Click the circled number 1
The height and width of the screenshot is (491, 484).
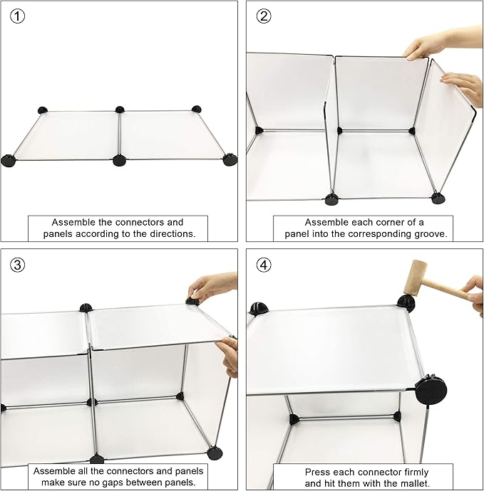click(17, 16)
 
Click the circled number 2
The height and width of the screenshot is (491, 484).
click(264, 16)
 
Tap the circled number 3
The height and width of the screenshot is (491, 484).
click(17, 265)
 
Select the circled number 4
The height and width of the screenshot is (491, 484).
click(264, 265)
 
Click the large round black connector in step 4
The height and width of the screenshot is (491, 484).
click(431, 390)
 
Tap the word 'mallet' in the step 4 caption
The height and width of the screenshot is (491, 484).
click(413, 483)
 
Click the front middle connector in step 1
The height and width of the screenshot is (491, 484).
click(119, 160)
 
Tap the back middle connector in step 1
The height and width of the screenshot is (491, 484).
click(120, 110)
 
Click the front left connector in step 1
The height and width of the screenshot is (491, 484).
click(8, 161)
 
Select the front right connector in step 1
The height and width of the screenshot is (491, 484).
click(230, 159)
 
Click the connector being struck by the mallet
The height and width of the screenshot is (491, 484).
click(406, 303)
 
